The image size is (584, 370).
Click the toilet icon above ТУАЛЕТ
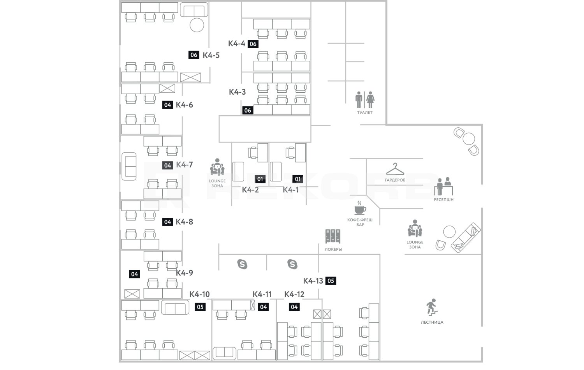point(365,100)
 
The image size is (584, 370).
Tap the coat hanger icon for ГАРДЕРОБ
point(395,169)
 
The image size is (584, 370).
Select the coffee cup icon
point(360,208)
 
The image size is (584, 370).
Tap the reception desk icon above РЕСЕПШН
point(443,187)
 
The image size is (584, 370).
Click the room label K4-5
point(211,55)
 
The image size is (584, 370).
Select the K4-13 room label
point(313,281)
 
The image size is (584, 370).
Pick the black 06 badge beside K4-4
point(253,44)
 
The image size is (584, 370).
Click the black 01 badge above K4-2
point(260,179)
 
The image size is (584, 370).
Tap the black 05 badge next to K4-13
point(331,281)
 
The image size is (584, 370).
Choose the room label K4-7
point(184,165)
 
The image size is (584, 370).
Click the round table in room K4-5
point(197,25)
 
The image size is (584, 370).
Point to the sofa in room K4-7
point(129,166)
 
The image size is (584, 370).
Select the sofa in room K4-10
point(175,308)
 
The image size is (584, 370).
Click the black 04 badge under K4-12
point(294,307)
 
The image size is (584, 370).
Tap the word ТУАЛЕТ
point(365,113)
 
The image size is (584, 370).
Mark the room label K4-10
point(199,294)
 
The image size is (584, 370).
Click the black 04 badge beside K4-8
point(167,222)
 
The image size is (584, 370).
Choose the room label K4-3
point(237,92)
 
